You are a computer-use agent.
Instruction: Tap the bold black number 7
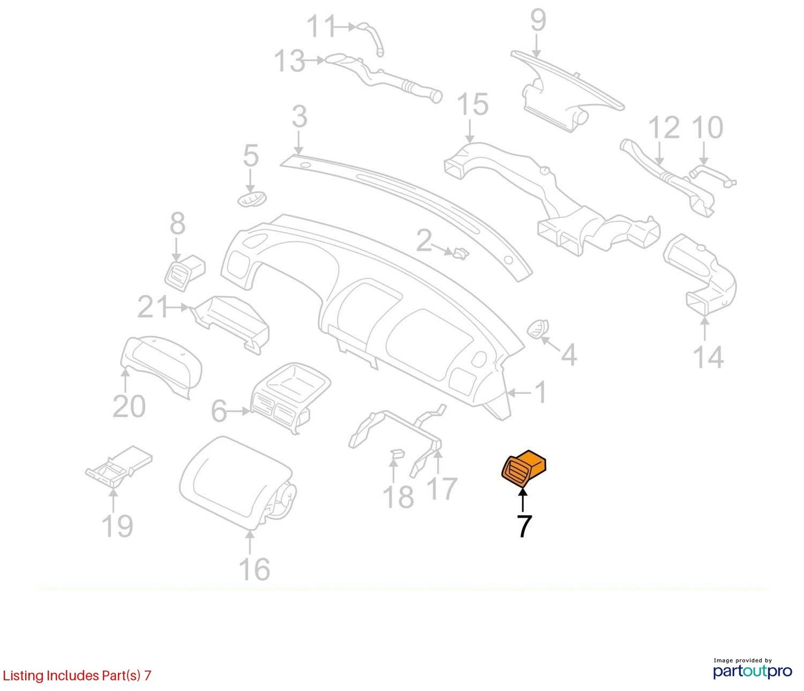524,526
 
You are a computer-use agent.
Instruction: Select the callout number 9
538,20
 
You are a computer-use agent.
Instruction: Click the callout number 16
254,569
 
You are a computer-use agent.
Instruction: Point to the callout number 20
129,406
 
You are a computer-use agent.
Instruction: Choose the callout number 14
709,357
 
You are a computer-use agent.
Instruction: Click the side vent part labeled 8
184,273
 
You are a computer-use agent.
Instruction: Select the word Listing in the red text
23,675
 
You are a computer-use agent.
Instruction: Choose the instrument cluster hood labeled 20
162,366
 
